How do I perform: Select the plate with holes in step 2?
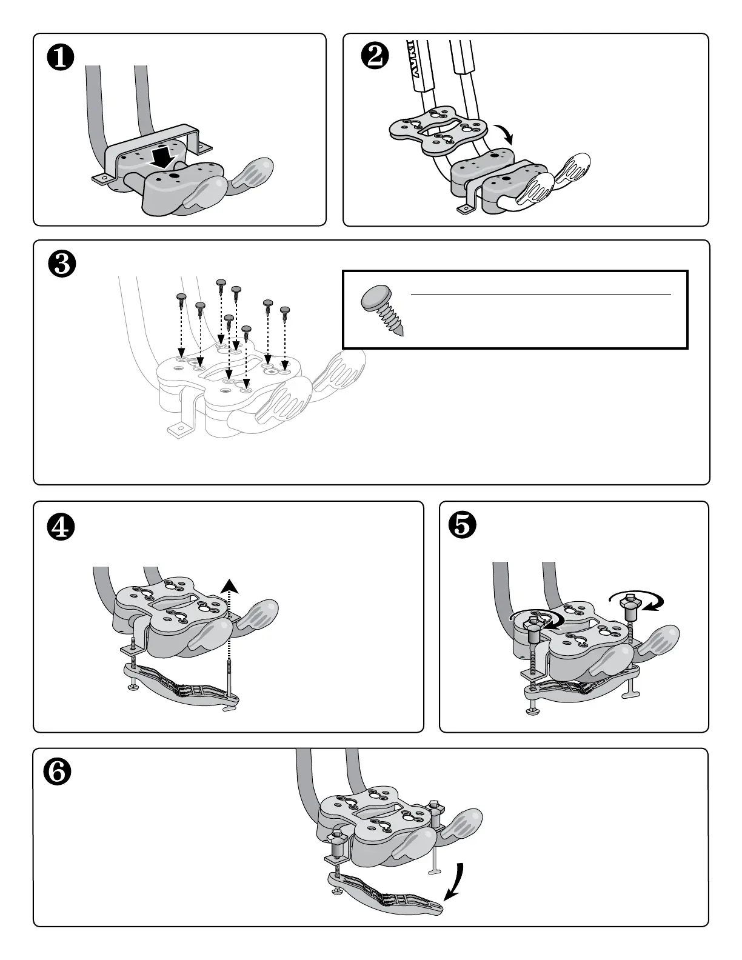tap(438, 128)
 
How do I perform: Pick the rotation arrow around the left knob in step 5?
tap(543, 619)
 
